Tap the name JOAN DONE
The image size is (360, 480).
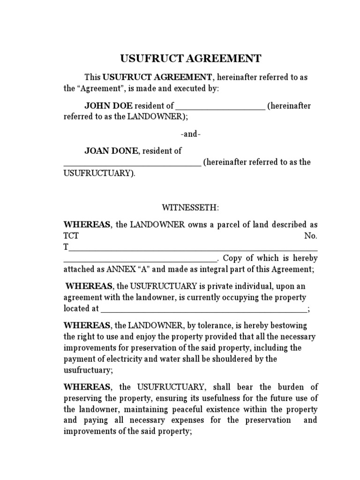click(111, 151)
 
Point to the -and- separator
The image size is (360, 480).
click(191, 134)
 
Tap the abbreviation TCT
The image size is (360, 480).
click(71, 236)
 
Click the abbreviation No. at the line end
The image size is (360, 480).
click(311, 236)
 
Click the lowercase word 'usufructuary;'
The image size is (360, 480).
click(88, 370)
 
